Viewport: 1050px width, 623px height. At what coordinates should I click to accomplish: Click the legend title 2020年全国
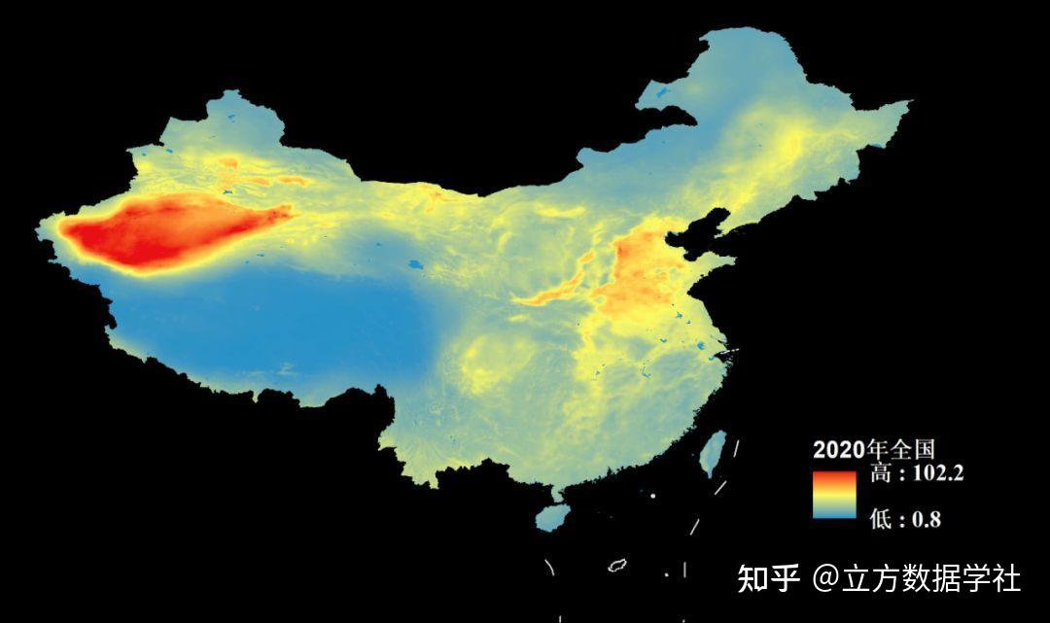(873, 449)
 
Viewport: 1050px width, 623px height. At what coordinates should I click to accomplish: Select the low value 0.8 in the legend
(925, 519)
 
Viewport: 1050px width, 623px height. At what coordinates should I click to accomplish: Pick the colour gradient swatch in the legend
(834, 495)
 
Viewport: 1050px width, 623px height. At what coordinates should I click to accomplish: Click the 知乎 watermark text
(768, 578)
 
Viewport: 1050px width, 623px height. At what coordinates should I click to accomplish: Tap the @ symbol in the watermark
(826, 578)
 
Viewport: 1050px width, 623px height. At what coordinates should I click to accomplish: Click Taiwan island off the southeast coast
(714, 453)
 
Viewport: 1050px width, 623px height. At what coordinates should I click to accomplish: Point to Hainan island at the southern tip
(553, 516)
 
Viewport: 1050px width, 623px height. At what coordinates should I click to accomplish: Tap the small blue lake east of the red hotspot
(415, 263)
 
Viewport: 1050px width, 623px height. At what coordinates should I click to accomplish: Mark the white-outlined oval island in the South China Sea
(616, 565)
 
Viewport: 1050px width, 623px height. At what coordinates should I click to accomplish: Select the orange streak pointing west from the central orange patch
(554, 291)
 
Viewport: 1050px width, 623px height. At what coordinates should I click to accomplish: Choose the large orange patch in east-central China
(637, 277)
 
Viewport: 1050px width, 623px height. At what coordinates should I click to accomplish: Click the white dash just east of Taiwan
(736, 448)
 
